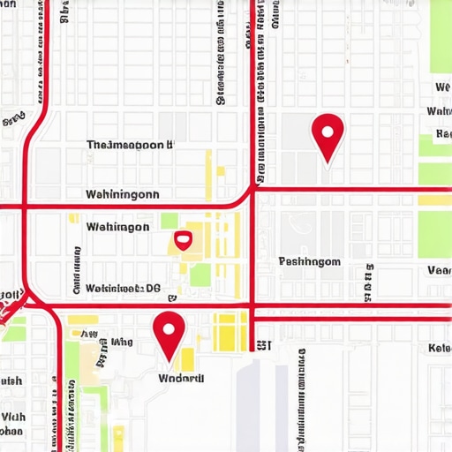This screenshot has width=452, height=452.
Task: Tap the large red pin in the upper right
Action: pyautogui.click(x=328, y=135)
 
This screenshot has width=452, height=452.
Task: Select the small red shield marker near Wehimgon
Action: pyautogui.click(x=183, y=238)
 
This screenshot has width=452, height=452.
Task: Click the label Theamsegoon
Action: pyautogui.click(x=130, y=145)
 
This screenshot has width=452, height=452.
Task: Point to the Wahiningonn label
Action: pyautogui.click(x=123, y=194)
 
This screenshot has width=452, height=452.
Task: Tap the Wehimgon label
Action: pyautogui.click(x=117, y=227)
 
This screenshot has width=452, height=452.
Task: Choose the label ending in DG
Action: pyautogui.click(x=124, y=288)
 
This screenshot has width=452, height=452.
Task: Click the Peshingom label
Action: pyautogui.click(x=309, y=261)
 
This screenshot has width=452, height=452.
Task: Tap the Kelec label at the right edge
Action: pyautogui.click(x=439, y=348)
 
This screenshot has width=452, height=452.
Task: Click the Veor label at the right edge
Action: pyautogui.click(x=439, y=270)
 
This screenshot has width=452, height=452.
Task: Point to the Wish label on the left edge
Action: pyautogui.click(x=11, y=380)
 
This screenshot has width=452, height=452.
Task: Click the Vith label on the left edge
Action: pyautogui.click(x=12, y=416)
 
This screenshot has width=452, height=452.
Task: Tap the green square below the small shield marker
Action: pyautogui.click(x=200, y=275)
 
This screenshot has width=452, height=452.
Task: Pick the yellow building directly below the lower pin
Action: pyautogui.click(x=187, y=358)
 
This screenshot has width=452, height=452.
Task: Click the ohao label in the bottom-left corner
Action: pyautogui.click(x=11, y=432)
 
